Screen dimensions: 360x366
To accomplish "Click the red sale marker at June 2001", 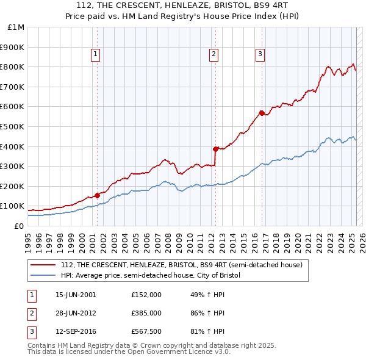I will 97,196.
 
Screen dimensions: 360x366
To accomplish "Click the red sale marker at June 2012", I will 215,149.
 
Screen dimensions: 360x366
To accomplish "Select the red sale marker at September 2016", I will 261,113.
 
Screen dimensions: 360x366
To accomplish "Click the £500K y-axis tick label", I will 13,126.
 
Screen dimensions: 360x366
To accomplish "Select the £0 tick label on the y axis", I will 19,226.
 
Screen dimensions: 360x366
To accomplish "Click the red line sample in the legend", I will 43,265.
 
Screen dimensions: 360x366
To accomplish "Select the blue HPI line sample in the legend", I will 43,275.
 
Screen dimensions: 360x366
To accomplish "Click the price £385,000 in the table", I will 146,313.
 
